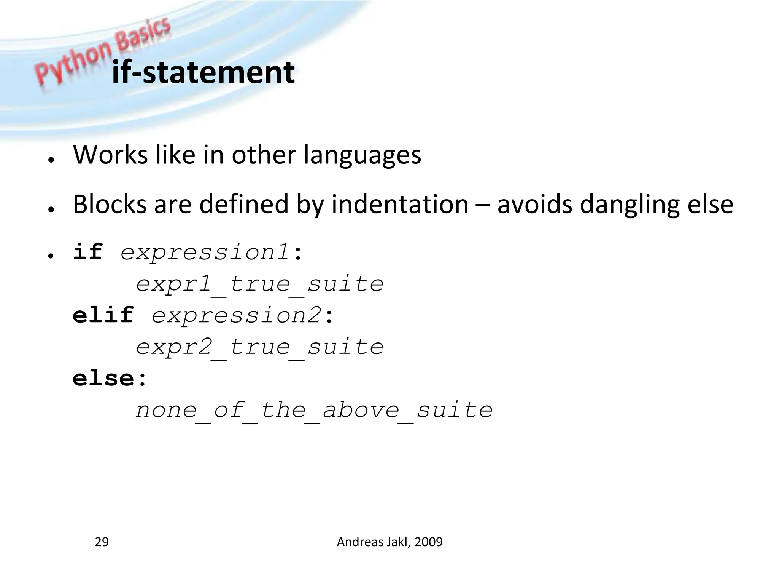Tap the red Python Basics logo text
pos(103,50)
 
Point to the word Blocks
pos(110,204)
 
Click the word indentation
pos(400,204)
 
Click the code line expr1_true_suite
pos(260,284)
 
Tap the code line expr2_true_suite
pos(260,347)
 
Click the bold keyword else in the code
pos(103,378)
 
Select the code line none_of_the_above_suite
pos(314,410)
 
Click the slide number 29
pos(102,542)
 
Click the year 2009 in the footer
pos(429,542)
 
